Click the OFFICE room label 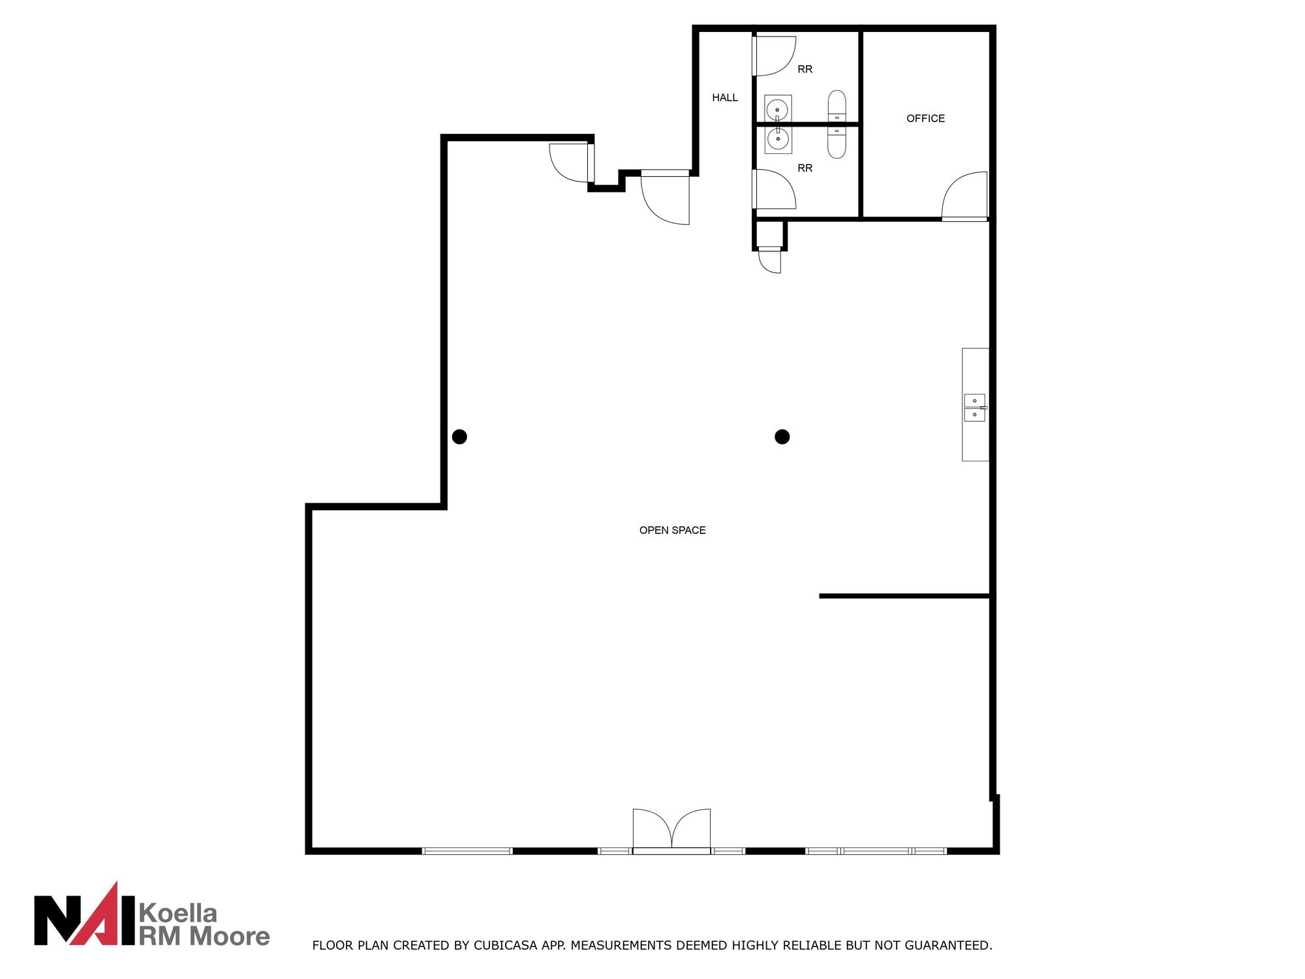(x=925, y=118)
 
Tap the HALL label (x=725, y=98)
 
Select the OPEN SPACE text (x=672, y=530)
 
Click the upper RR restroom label (x=805, y=69)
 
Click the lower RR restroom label (x=805, y=168)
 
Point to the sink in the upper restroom (x=778, y=108)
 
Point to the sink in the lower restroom (x=778, y=139)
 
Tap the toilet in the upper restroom (x=837, y=106)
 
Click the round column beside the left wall (x=459, y=437)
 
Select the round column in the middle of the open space (x=782, y=437)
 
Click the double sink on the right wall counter (x=975, y=408)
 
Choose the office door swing (x=964, y=196)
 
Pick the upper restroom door (x=774, y=55)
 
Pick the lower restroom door (x=774, y=189)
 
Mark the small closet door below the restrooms (x=769, y=260)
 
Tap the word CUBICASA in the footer (x=506, y=945)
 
